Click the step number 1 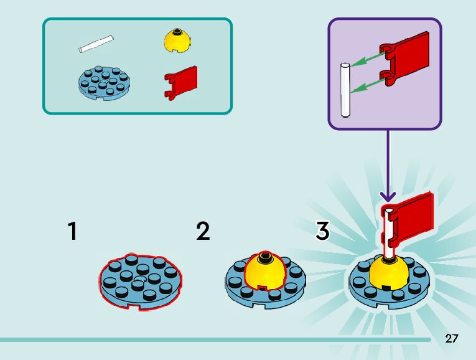[73, 231]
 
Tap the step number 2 [203, 231]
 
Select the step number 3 [322, 231]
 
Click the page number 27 [452, 339]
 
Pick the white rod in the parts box [97, 44]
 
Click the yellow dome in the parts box [177, 40]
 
